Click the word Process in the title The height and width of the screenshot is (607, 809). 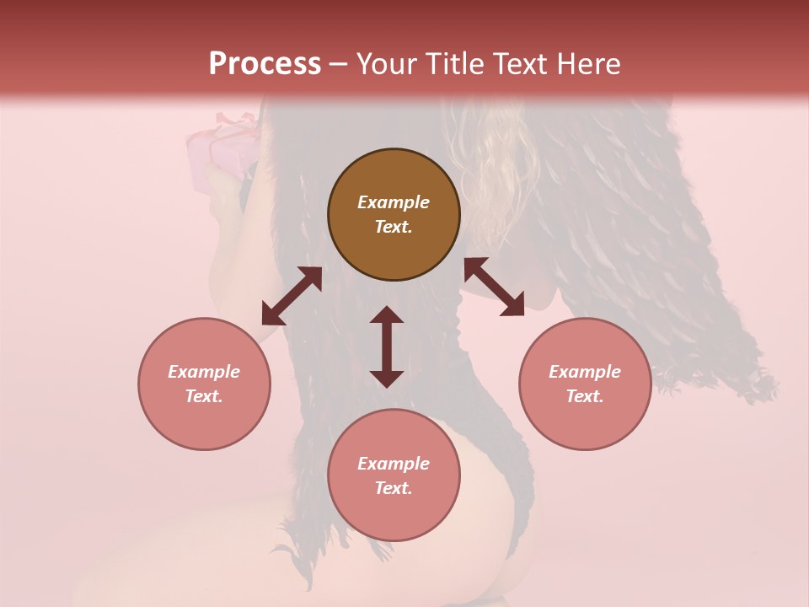pyautogui.click(x=265, y=65)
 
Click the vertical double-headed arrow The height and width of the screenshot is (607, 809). pyautogui.click(x=387, y=346)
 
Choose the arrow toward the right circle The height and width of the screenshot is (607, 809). pyautogui.click(x=494, y=287)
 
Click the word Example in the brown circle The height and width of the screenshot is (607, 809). pyautogui.click(x=394, y=202)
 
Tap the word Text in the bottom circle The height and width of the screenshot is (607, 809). pyautogui.click(x=394, y=488)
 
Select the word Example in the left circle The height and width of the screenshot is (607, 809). pyautogui.click(x=204, y=372)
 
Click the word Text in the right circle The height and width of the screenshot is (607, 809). pyautogui.click(x=585, y=396)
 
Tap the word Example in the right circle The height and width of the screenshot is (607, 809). pyautogui.click(x=585, y=372)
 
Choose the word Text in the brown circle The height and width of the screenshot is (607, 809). pyautogui.click(x=394, y=227)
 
